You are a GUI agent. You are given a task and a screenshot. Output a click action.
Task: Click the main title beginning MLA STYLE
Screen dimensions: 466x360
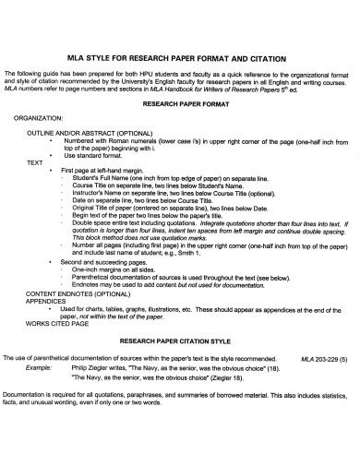click(x=180, y=53)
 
